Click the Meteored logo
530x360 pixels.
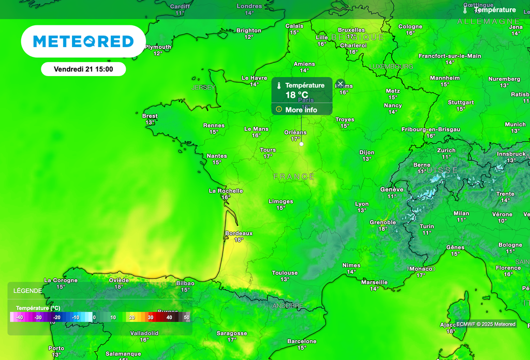(83, 41)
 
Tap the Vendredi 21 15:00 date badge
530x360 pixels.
(83, 69)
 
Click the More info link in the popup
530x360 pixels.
(301, 110)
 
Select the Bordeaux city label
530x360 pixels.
(239, 233)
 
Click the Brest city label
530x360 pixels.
(150, 116)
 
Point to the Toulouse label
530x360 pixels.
(285, 273)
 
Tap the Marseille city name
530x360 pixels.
(374, 282)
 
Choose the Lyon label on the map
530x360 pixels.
(362, 204)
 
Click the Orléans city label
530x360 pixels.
(295, 132)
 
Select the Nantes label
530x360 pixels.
(216, 156)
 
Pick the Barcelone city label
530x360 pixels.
(302, 341)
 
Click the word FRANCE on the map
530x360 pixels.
(294, 177)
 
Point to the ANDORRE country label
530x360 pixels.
(288, 306)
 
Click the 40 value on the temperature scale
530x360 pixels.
(169, 317)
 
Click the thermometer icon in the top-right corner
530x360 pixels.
(465, 10)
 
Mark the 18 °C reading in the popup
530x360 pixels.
(297, 95)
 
